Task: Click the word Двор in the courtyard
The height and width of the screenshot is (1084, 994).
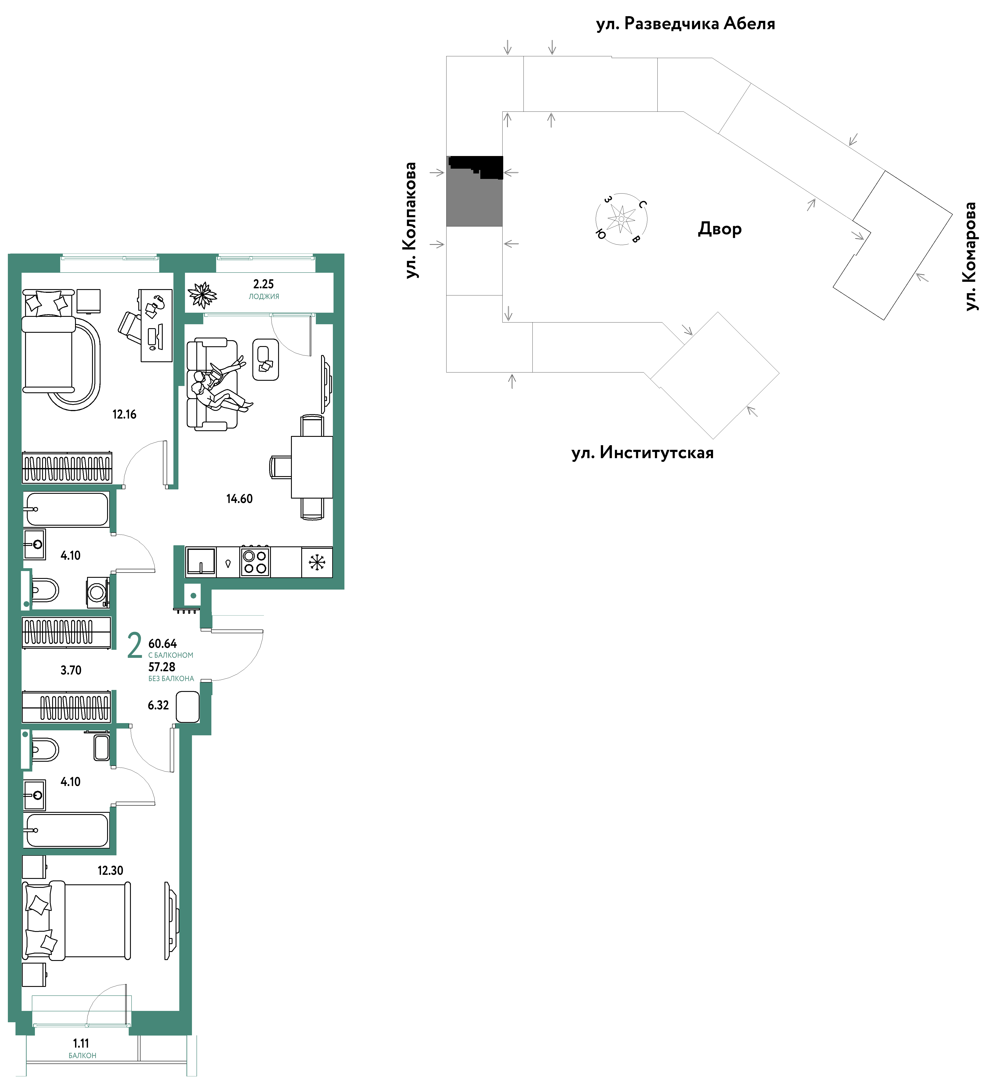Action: pos(720,229)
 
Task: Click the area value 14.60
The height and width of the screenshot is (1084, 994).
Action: pos(239,499)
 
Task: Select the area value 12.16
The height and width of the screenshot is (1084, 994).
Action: pos(124,414)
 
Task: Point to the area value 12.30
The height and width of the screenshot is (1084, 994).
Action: pos(110,870)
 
